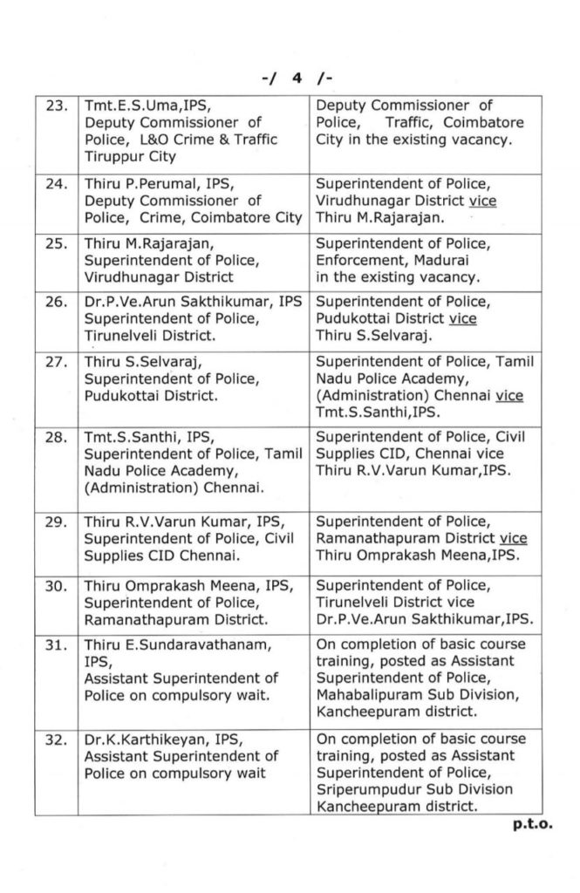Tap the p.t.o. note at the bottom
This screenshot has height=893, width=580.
click(529, 824)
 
